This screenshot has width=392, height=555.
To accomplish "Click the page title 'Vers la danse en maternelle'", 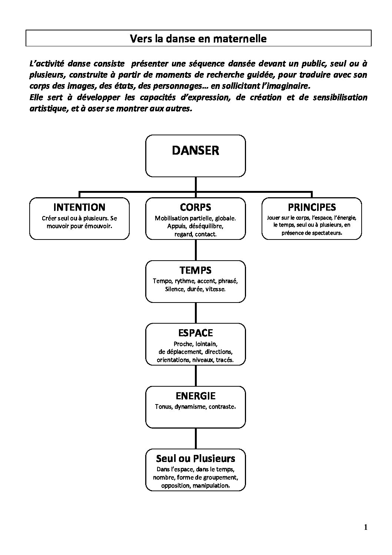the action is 198,39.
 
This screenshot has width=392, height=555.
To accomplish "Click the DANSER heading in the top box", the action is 196,151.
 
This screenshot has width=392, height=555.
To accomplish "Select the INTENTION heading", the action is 80,207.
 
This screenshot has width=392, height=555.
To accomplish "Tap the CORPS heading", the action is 196,207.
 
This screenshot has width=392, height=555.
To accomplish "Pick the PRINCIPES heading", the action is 312,207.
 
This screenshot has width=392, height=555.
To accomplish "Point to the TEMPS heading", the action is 196,270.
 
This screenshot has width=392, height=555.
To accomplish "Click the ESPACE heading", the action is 196,333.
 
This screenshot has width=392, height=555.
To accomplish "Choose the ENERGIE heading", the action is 196,396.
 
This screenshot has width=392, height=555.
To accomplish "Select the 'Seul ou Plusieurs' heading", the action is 196,459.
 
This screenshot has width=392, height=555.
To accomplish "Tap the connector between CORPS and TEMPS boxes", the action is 196,250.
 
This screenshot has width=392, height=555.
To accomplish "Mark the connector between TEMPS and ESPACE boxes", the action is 196,313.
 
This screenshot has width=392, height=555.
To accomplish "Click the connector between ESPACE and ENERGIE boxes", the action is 196,376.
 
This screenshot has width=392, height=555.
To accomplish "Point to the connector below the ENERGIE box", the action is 196,439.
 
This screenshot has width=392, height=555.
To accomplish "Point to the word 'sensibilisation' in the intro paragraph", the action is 340,98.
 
